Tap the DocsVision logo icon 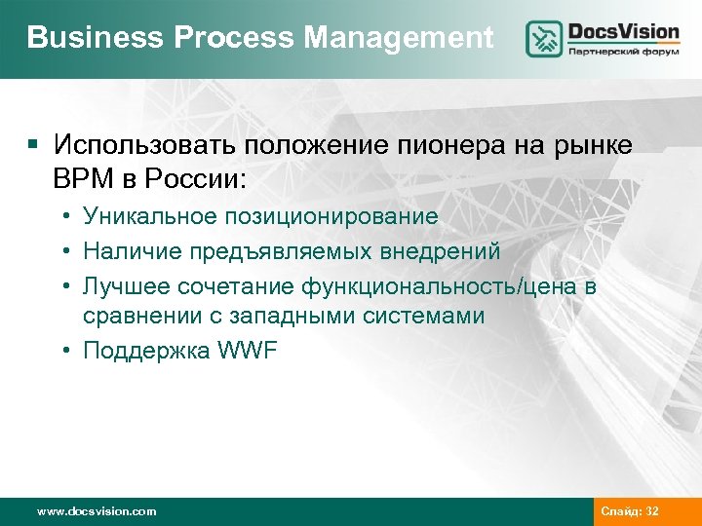[x=544, y=39]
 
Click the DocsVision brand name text [x=624, y=31]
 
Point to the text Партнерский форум [x=624, y=54]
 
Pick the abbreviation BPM [x=83, y=180]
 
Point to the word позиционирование [x=330, y=216]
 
